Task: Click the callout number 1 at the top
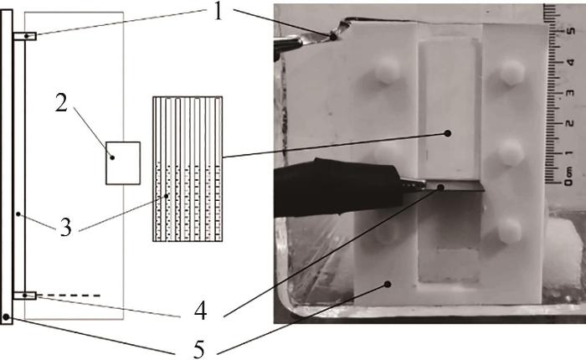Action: point(218,12)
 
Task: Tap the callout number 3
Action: point(66,227)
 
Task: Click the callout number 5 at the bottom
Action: point(199,350)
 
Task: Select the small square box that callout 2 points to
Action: point(123,163)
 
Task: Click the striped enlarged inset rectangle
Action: point(188,169)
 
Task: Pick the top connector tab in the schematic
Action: point(25,36)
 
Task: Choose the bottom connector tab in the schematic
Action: point(25,296)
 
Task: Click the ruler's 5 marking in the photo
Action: point(570,31)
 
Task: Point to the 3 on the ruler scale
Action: point(570,92)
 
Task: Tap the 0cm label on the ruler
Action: point(568,177)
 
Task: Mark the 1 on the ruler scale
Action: point(570,153)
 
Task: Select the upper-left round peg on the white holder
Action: point(388,70)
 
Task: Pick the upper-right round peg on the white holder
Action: point(512,73)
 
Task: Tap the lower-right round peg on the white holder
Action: point(510,231)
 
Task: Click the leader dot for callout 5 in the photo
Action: point(388,285)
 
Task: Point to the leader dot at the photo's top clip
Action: point(332,37)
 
